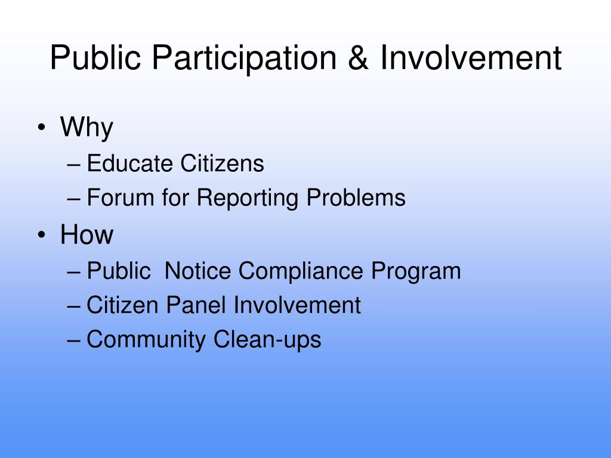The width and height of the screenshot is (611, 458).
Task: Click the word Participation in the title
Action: coord(244,58)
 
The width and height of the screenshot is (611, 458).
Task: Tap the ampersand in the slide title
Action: coord(358,58)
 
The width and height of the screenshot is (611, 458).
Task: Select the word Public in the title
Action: coord(95,58)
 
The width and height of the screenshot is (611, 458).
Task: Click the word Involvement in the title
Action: coord(471,58)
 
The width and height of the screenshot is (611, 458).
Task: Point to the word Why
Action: coord(87,128)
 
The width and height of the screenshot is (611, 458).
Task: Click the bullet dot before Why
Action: coord(41,128)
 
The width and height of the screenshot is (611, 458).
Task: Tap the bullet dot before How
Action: coord(41,235)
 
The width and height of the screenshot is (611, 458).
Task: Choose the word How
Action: coord(87,234)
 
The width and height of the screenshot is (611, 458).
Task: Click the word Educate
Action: coord(129,163)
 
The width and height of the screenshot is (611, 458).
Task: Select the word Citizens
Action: coord(222,163)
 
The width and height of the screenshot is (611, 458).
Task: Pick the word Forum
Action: coord(121,197)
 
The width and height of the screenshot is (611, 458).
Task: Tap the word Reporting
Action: coord(248,198)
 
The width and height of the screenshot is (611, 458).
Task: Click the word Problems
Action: coord(356,197)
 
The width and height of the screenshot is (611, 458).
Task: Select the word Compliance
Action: coord(301,271)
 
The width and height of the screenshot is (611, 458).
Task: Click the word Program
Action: coord(416,271)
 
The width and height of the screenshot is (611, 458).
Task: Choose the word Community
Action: coord(146,339)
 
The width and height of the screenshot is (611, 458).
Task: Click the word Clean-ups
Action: coord(267,339)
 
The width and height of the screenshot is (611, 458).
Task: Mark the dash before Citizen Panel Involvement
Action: coord(73,306)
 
